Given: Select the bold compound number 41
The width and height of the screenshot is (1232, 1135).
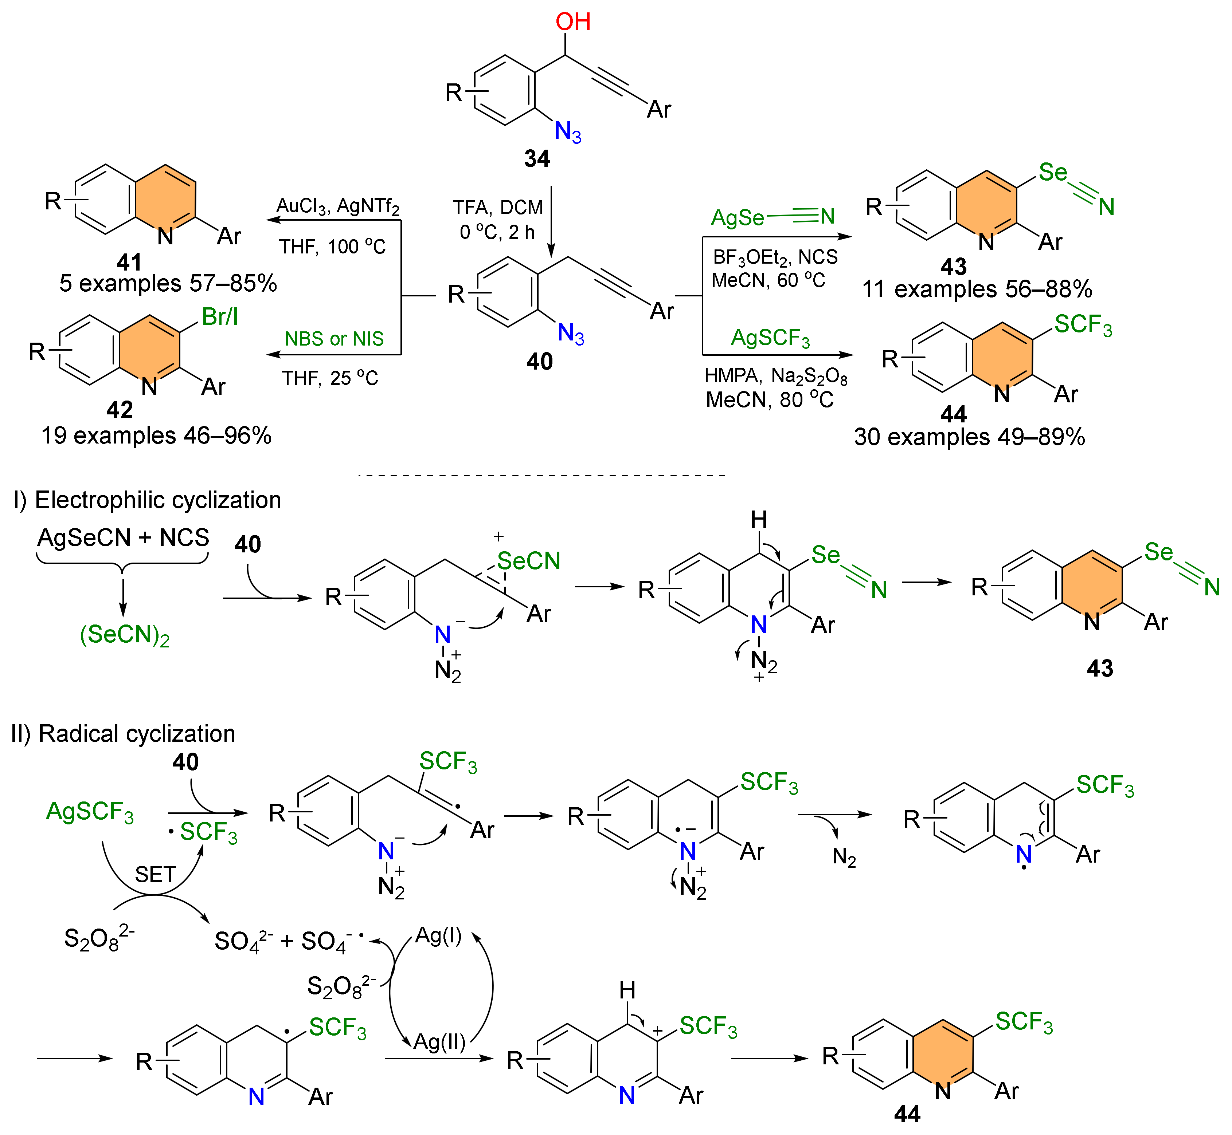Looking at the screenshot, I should click(x=129, y=262).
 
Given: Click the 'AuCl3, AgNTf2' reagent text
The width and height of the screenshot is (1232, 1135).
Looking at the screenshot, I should click(x=337, y=207).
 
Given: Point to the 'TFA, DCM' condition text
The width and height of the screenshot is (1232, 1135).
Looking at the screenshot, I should click(x=498, y=208).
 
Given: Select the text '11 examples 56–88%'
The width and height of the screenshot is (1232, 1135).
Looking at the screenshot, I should click(x=977, y=289).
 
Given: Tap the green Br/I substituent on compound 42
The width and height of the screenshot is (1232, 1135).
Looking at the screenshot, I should click(x=219, y=317).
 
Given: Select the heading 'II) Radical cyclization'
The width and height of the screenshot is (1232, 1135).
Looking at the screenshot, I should click(x=123, y=733).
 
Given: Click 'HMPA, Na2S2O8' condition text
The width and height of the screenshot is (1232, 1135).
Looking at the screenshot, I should click(x=775, y=376).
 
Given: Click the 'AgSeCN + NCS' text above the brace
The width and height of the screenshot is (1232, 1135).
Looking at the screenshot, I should click(x=123, y=537).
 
